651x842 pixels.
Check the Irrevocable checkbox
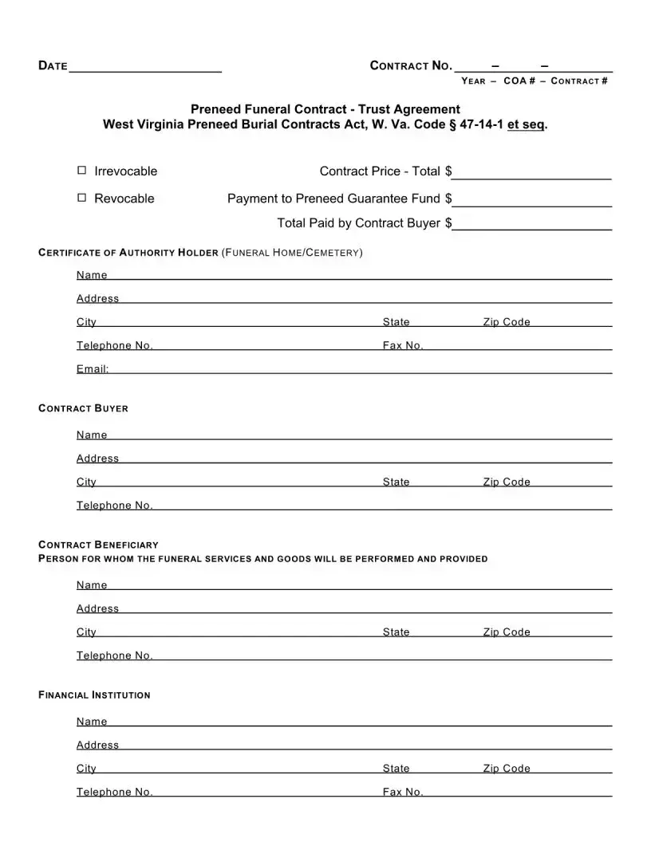81,171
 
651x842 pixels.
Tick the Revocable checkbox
81,198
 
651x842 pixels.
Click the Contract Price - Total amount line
532,174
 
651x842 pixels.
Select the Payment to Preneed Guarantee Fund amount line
532,200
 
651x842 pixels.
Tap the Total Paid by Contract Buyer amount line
532,225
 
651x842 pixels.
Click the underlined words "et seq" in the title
527,124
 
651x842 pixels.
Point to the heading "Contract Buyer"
83,408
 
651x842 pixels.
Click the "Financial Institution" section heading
94,694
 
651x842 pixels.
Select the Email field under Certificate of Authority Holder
359,369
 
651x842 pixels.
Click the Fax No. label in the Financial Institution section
403,792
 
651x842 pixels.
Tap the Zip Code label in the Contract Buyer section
506,482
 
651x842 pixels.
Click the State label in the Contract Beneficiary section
396,631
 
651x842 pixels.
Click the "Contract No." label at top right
411,65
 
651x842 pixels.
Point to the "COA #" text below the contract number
519,81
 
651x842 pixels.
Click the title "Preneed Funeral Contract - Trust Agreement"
325,109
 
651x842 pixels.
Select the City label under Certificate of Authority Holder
86,322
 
